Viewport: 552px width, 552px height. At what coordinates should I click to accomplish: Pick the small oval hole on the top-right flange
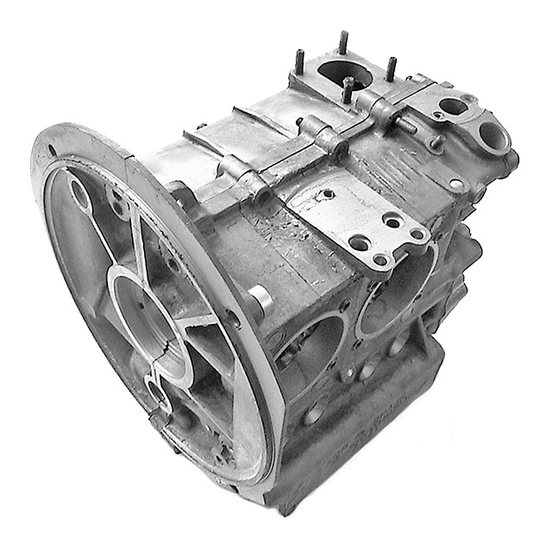448,108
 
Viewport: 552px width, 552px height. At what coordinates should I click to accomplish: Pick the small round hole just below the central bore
158,398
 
